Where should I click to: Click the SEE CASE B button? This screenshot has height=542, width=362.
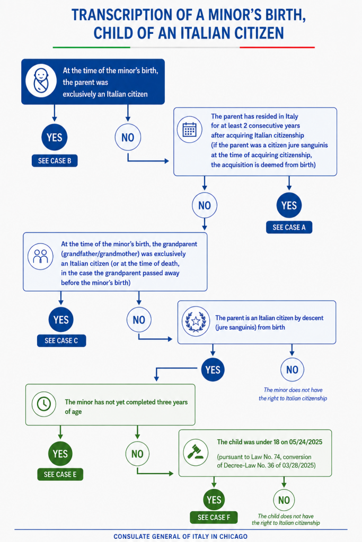[55, 161]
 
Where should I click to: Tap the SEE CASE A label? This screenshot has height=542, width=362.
[289, 227]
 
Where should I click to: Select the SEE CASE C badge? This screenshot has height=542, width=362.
[61, 340]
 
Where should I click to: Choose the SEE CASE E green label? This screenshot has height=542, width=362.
[60, 474]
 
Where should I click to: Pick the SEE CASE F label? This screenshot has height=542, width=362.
[214, 517]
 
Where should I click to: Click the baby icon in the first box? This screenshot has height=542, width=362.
[41, 81]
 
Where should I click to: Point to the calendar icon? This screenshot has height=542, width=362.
[189, 130]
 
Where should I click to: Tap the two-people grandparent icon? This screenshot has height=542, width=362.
[40, 257]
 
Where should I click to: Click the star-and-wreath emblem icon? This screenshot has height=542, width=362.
[196, 321]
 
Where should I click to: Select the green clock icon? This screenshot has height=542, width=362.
[44, 404]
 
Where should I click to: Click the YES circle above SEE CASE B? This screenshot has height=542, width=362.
[55, 137]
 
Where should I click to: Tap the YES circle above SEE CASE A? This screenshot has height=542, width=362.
[289, 205]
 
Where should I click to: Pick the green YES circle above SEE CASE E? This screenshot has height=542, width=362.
[60, 454]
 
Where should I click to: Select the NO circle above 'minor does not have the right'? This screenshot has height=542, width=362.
[292, 369]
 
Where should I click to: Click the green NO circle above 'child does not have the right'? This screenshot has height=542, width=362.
[284, 500]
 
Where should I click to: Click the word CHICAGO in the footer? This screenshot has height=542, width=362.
[233, 537]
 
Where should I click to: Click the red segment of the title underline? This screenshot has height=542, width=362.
[277, 47]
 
